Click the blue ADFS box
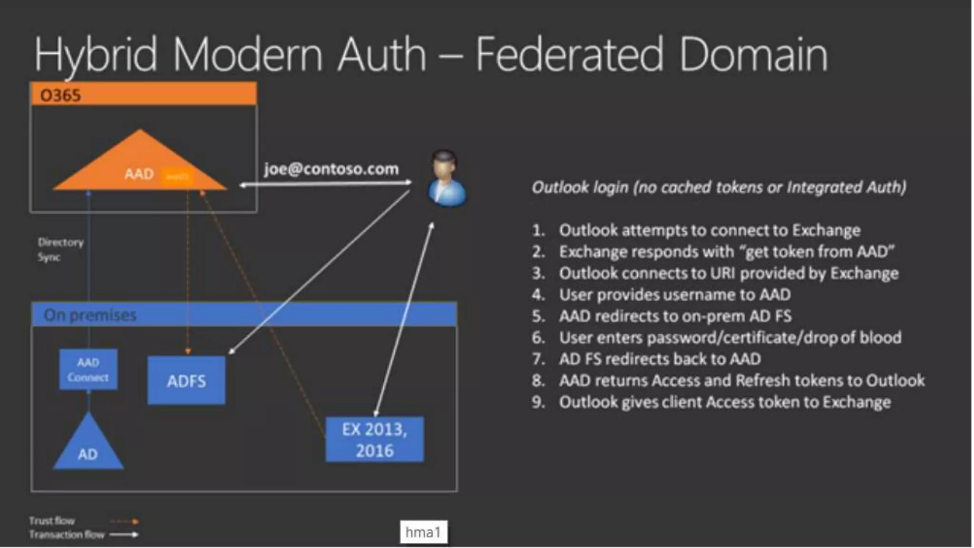click(186, 381)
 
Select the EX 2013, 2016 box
click(374, 440)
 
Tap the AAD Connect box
click(88, 370)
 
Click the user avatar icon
click(446, 179)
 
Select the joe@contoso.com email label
click(331, 169)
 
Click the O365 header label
click(60, 95)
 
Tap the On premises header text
click(90, 315)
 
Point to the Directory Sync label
click(60, 249)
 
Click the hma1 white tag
click(423, 532)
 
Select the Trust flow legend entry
click(52, 520)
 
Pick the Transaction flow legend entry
click(67, 535)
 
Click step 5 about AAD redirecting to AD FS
click(675, 316)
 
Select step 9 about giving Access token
click(724, 402)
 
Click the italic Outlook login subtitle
click(719, 187)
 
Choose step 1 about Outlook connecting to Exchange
click(709, 230)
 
